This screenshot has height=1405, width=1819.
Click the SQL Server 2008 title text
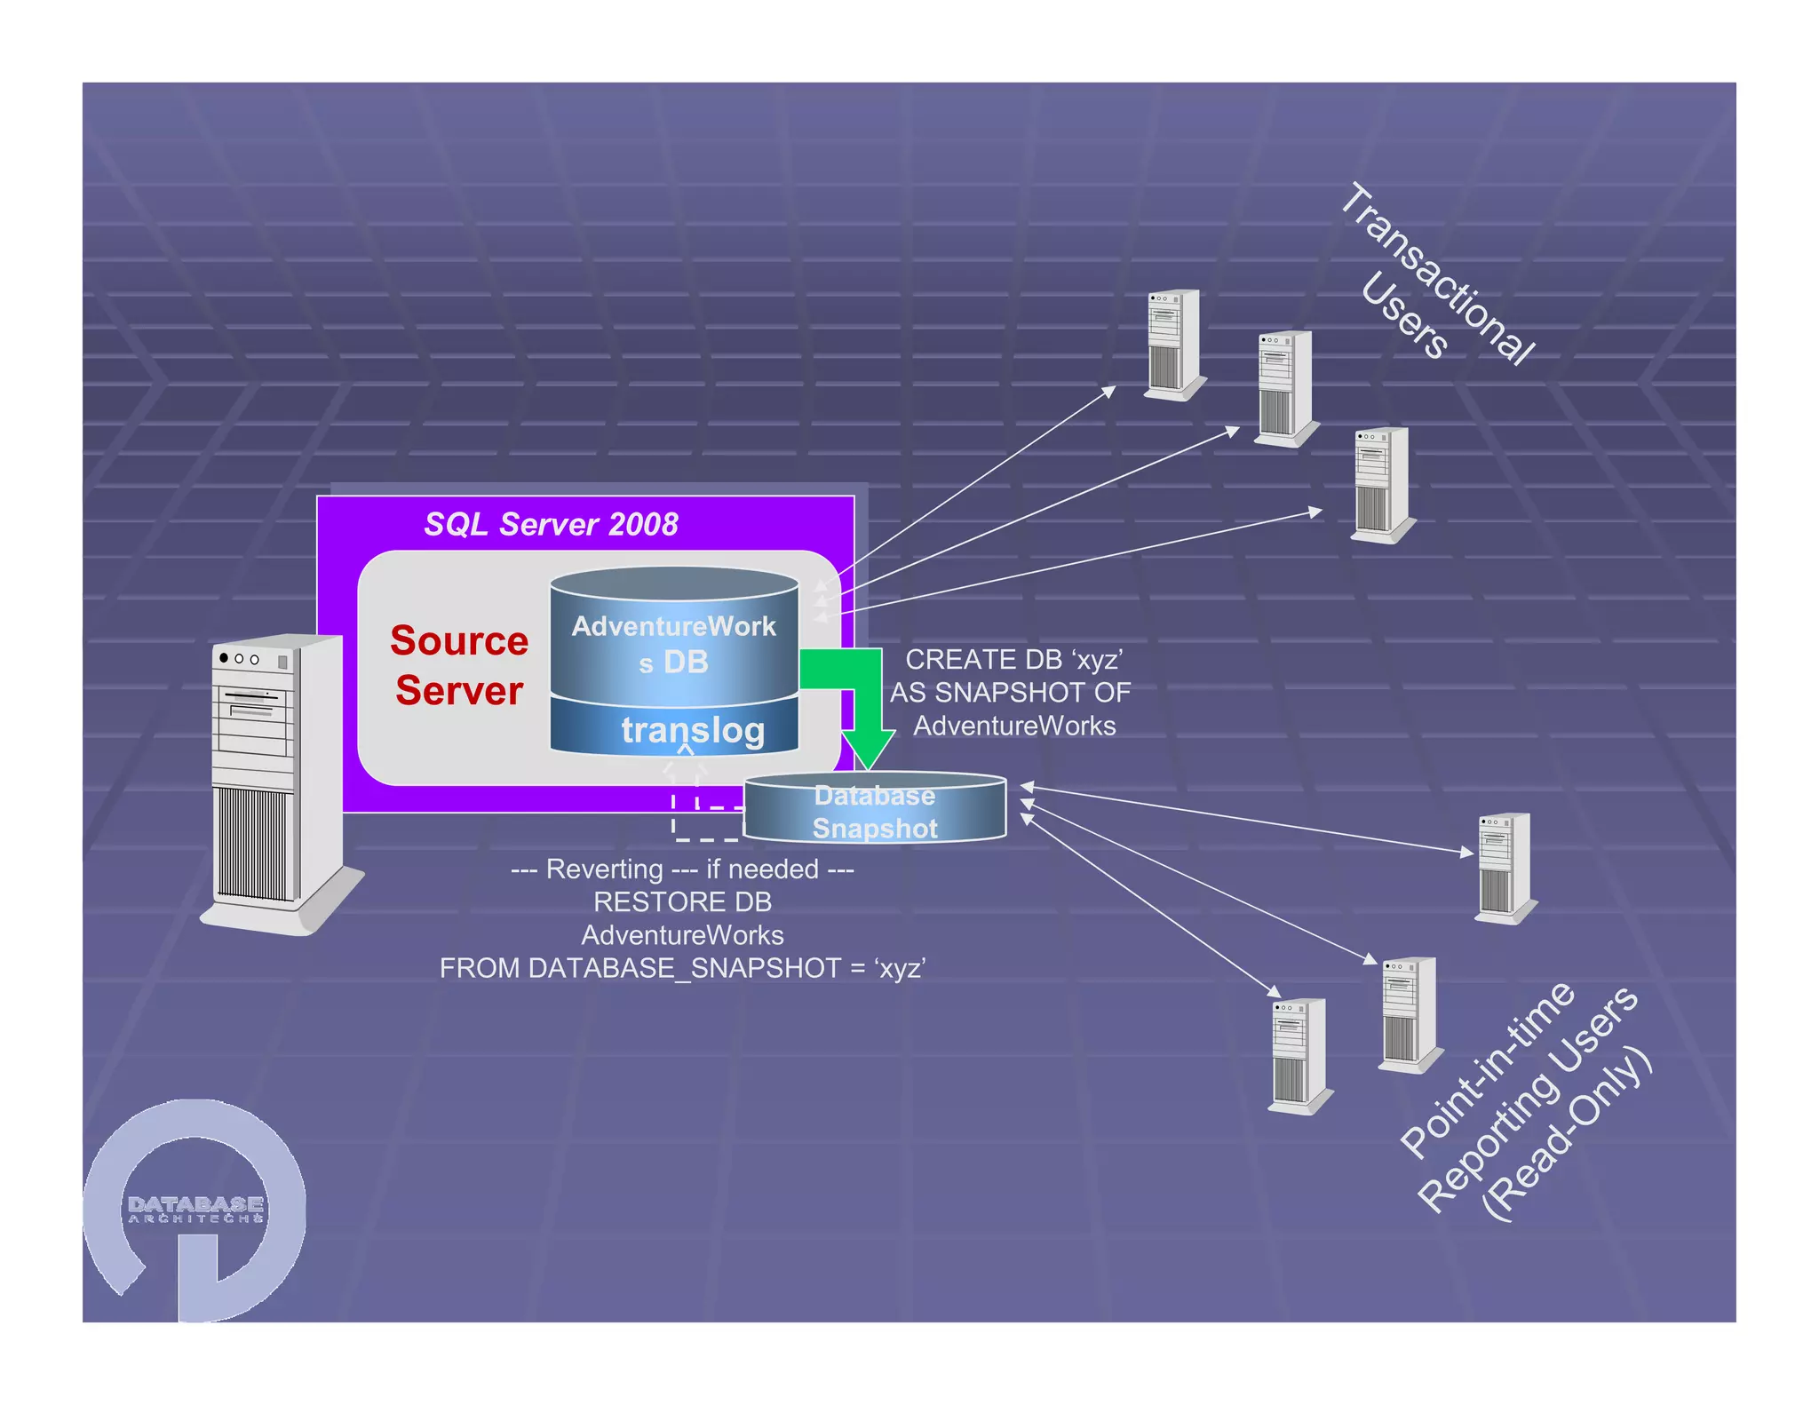551,524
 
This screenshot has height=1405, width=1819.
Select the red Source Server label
459,665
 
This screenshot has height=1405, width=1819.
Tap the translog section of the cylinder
692,730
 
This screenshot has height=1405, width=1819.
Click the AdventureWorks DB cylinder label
673,643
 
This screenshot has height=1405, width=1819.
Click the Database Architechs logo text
195,1209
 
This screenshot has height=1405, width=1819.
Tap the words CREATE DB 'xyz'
1013,660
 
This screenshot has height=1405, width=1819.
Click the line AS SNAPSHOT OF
1011,693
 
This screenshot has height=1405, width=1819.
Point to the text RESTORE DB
682,902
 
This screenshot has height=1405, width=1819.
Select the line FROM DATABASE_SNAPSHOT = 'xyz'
682,968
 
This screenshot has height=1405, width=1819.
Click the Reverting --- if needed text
682,869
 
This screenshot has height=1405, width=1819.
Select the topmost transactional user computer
1174,345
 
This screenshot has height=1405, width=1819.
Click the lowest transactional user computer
1382,484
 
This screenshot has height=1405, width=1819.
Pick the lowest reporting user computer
1299,1055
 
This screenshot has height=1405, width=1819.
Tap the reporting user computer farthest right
1505,868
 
